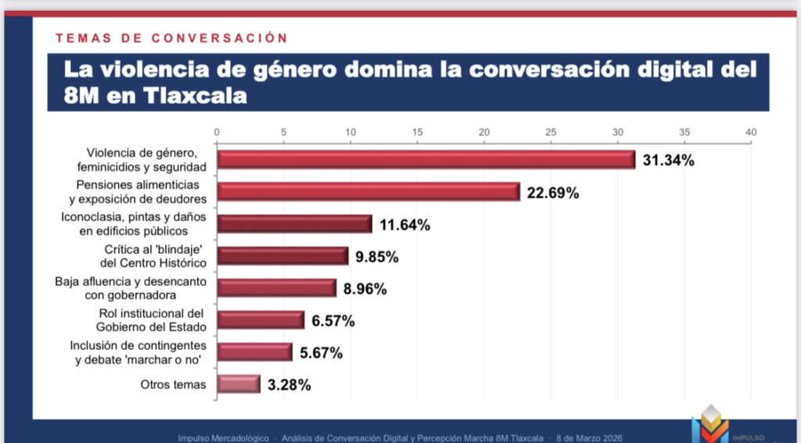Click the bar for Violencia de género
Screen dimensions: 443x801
[426, 159]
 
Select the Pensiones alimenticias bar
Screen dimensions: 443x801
[368, 191]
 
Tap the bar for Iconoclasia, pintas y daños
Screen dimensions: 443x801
[294, 224]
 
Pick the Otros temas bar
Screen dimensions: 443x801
[239, 384]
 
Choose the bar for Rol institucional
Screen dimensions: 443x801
[260, 320]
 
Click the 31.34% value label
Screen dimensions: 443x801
[668, 161]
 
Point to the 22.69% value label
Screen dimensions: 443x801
[552, 193]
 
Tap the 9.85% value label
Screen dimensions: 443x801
[379, 256]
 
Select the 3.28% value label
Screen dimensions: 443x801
[290, 384]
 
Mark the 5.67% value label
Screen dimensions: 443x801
[321, 352]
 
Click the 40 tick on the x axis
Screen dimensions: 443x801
[752, 133]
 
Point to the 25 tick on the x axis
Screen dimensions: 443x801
[551, 133]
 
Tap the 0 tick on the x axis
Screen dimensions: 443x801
[217, 133]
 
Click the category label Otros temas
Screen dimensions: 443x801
[173, 384]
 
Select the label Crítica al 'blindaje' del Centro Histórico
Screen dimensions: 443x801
[148, 256]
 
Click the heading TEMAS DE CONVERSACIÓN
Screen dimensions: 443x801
[171, 38]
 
